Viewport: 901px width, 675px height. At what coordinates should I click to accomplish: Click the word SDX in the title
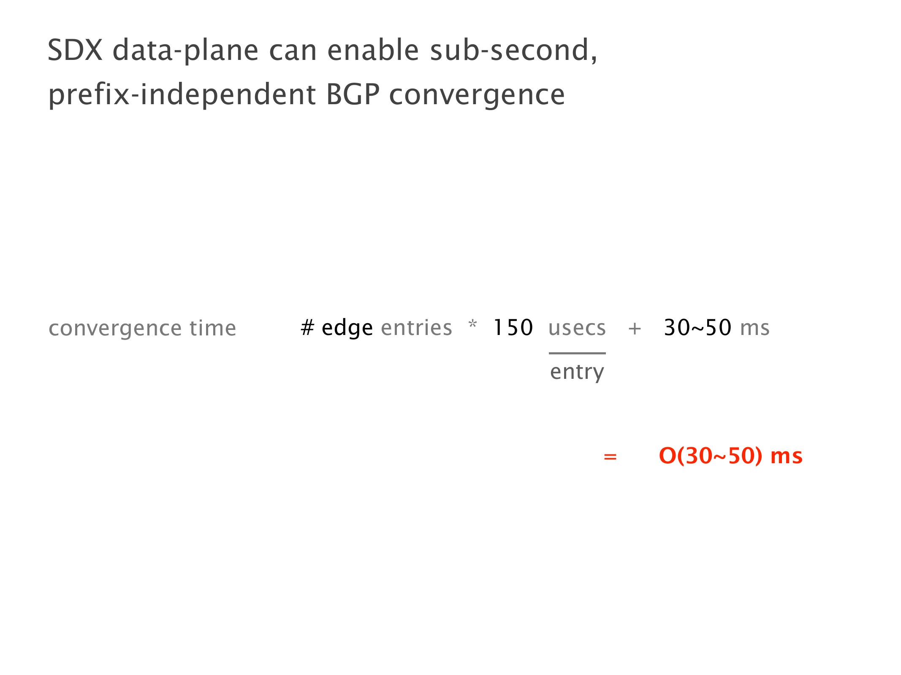pos(75,50)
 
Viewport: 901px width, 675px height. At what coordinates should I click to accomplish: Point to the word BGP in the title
pos(353,94)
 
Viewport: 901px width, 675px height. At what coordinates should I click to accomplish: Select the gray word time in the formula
pos(213,328)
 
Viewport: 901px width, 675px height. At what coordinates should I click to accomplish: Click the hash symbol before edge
pos(307,328)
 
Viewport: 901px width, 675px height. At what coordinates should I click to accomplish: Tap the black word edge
pos(347,329)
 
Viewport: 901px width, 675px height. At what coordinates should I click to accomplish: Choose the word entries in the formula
pos(416,328)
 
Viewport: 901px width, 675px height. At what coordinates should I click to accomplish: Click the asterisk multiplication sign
pos(473,324)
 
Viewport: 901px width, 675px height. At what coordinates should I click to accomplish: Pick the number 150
pos(513,327)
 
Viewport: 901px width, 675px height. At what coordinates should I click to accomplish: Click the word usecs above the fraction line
pos(577,328)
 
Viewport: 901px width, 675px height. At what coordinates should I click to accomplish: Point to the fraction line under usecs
pos(577,353)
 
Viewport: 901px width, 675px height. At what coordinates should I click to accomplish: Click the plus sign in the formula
pos(635,329)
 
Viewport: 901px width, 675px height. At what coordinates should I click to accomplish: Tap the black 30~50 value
pos(697,327)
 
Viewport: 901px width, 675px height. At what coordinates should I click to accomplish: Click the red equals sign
pos(610,456)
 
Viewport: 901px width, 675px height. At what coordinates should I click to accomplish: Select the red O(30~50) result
pos(711,456)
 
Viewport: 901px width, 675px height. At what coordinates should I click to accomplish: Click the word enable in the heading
pos(373,50)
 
